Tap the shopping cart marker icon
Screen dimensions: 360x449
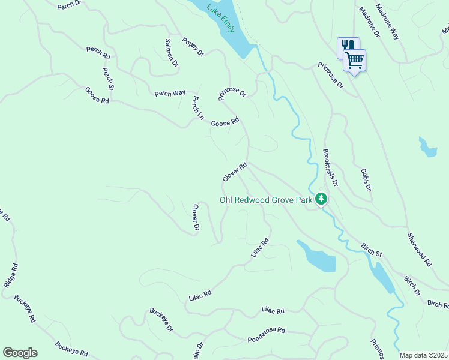tap(355, 60)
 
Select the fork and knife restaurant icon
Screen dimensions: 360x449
tap(347, 46)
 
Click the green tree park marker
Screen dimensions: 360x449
tap(322, 199)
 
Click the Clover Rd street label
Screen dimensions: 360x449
tap(235, 173)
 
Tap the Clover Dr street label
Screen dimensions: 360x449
tap(195, 217)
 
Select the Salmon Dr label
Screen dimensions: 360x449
tap(172, 52)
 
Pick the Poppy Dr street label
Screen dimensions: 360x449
tap(193, 46)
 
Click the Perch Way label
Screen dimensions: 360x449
tap(170, 93)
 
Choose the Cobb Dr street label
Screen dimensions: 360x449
tap(366, 179)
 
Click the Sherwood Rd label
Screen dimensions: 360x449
tap(419, 250)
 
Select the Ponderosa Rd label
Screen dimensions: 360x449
tap(266, 335)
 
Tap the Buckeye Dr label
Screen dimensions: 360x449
tap(161, 320)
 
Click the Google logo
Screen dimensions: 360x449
tap(20, 353)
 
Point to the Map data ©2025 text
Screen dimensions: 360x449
tap(423, 355)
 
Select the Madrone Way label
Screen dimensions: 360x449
tap(387, 22)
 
